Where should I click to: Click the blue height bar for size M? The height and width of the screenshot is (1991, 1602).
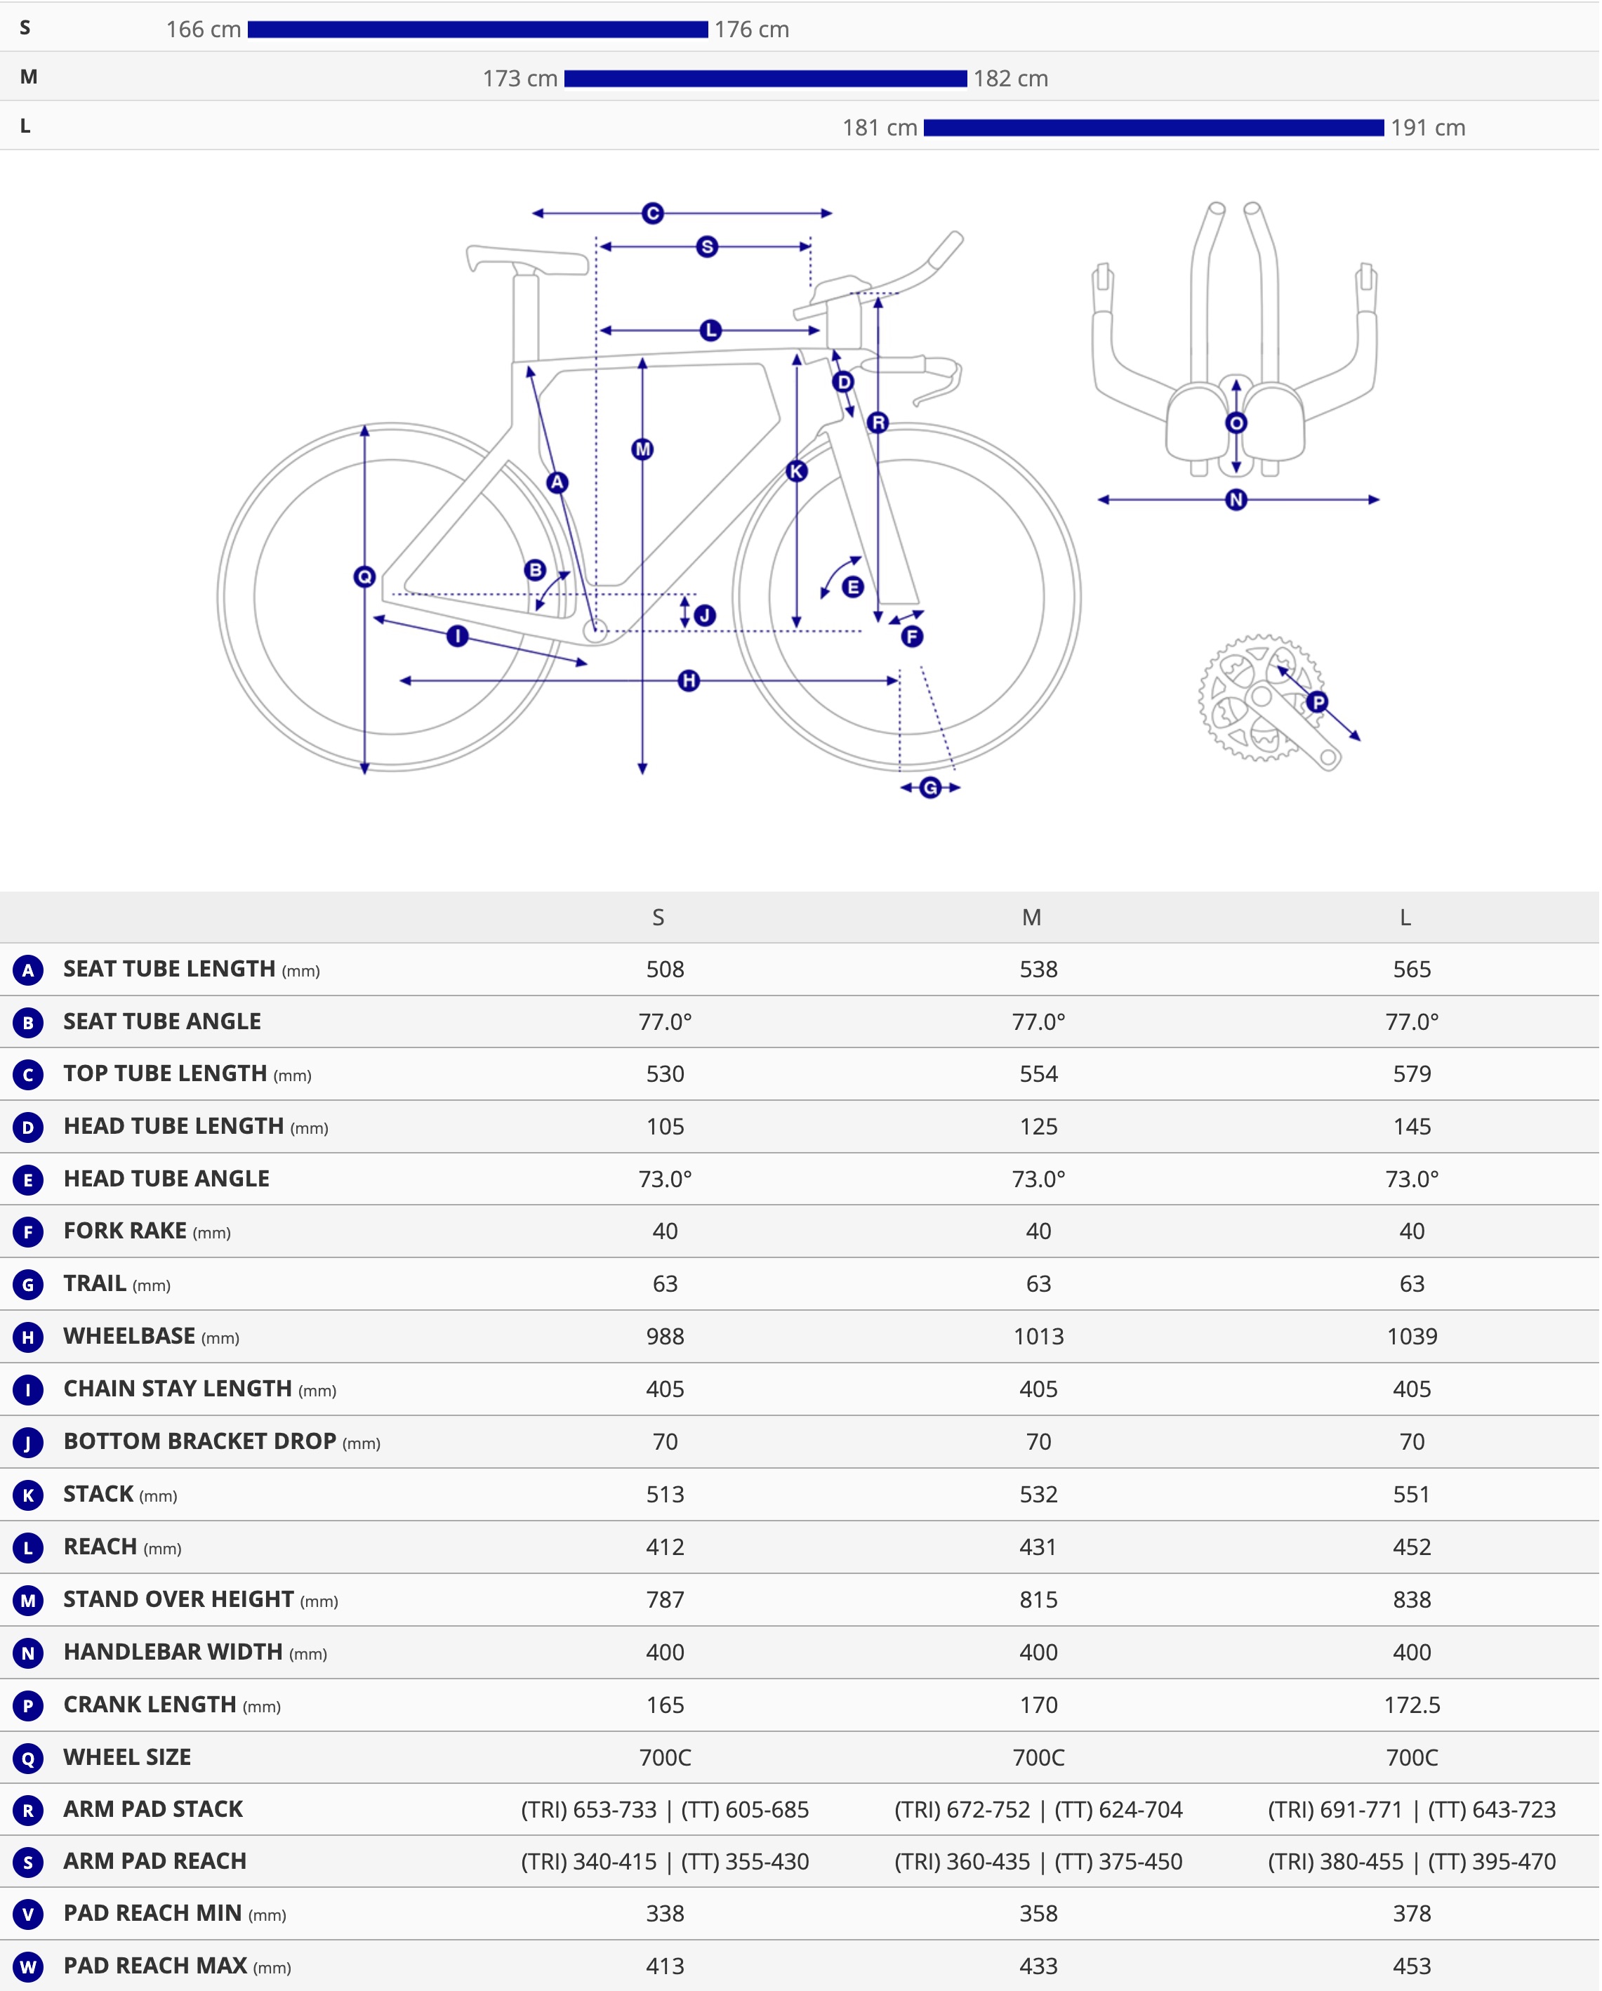(x=765, y=79)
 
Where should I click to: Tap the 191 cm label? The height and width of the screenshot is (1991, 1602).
(x=1429, y=128)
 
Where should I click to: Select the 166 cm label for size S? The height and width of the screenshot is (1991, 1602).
(x=203, y=29)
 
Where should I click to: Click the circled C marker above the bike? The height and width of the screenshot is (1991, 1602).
(x=653, y=214)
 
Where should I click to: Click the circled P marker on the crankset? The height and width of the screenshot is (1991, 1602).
(x=1318, y=702)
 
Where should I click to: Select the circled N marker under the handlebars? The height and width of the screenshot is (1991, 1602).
(x=1236, y=501)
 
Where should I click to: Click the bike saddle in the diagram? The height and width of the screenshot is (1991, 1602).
(x=527, y=260)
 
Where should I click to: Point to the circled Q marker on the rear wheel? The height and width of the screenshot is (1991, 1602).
(x=365, y=577)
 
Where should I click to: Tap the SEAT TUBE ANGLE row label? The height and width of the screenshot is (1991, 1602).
(x=162, y=1022)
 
